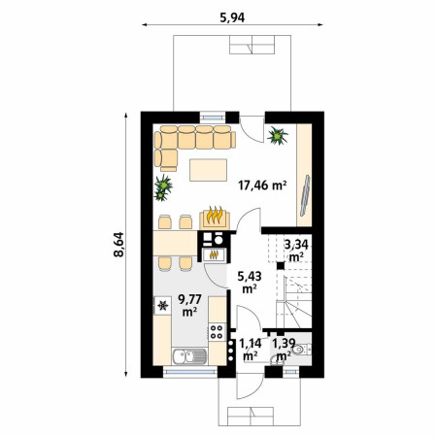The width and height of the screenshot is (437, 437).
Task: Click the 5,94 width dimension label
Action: point(232,17)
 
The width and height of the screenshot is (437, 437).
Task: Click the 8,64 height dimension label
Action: point(118,245)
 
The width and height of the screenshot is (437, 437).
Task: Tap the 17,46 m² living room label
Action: point(262,185)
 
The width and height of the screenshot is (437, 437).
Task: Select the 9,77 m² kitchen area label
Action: point(190,305)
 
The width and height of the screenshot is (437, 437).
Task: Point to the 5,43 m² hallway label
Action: point(250,283)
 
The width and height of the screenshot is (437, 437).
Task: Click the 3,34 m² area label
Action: point(296,251)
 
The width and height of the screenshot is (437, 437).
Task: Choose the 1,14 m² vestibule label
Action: point(251,350)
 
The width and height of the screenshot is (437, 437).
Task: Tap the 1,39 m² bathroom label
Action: point(284,350)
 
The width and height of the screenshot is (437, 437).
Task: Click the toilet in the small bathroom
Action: point(301,350)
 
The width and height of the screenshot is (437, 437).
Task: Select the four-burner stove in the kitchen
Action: point(218,331)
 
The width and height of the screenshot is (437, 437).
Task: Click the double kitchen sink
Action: point(189,356)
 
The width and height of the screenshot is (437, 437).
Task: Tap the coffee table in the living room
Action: point(208,170)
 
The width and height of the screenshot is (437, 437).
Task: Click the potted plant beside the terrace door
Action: point(278,136)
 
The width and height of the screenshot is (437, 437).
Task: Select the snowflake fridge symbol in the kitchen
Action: point(163,305)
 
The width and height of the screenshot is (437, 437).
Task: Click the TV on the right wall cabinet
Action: point(305,195)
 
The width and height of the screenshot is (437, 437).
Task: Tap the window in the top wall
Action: point(213,117)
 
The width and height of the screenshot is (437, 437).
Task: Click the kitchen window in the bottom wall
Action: point(190,372)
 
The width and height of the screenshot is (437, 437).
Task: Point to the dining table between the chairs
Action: point(175,243)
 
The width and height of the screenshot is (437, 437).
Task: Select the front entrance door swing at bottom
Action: point(249,386)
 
